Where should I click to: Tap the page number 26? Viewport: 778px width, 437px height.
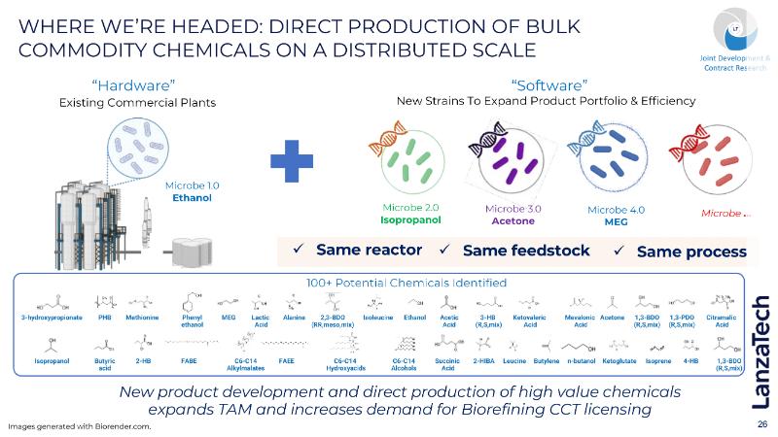click(761, 424)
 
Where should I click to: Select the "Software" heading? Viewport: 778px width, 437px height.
click(546, 84)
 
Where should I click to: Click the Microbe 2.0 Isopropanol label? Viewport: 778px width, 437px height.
click(410, 214)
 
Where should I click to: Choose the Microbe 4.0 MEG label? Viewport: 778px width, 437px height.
click(616, 214)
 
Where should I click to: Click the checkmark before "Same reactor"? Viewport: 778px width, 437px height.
click(301, 250)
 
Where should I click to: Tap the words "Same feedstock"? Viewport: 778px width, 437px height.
click(526, 251)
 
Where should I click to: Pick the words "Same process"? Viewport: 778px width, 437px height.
click(691, 252)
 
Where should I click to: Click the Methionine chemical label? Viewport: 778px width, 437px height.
click(143, 318)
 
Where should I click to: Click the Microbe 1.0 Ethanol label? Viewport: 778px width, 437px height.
click(193, 191)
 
